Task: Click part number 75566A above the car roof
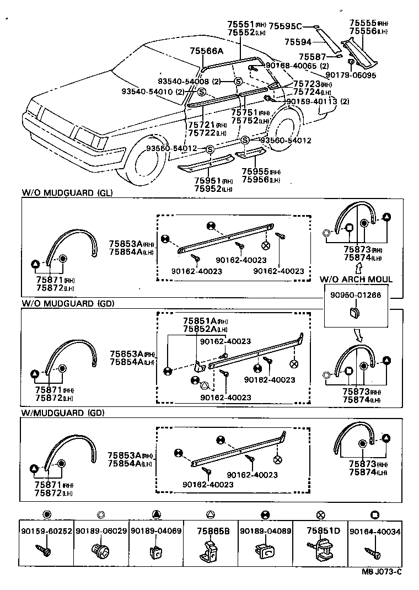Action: pos(207,51)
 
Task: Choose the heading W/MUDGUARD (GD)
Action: pos(62,412)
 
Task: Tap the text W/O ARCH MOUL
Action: pos(356,280)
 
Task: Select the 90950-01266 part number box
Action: pos(356,295)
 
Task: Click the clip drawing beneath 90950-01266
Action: pos(353,313)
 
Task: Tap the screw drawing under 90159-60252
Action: pos(44,549)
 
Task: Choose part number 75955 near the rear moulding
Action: pos(253,171)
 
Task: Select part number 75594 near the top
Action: pos(298,41)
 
